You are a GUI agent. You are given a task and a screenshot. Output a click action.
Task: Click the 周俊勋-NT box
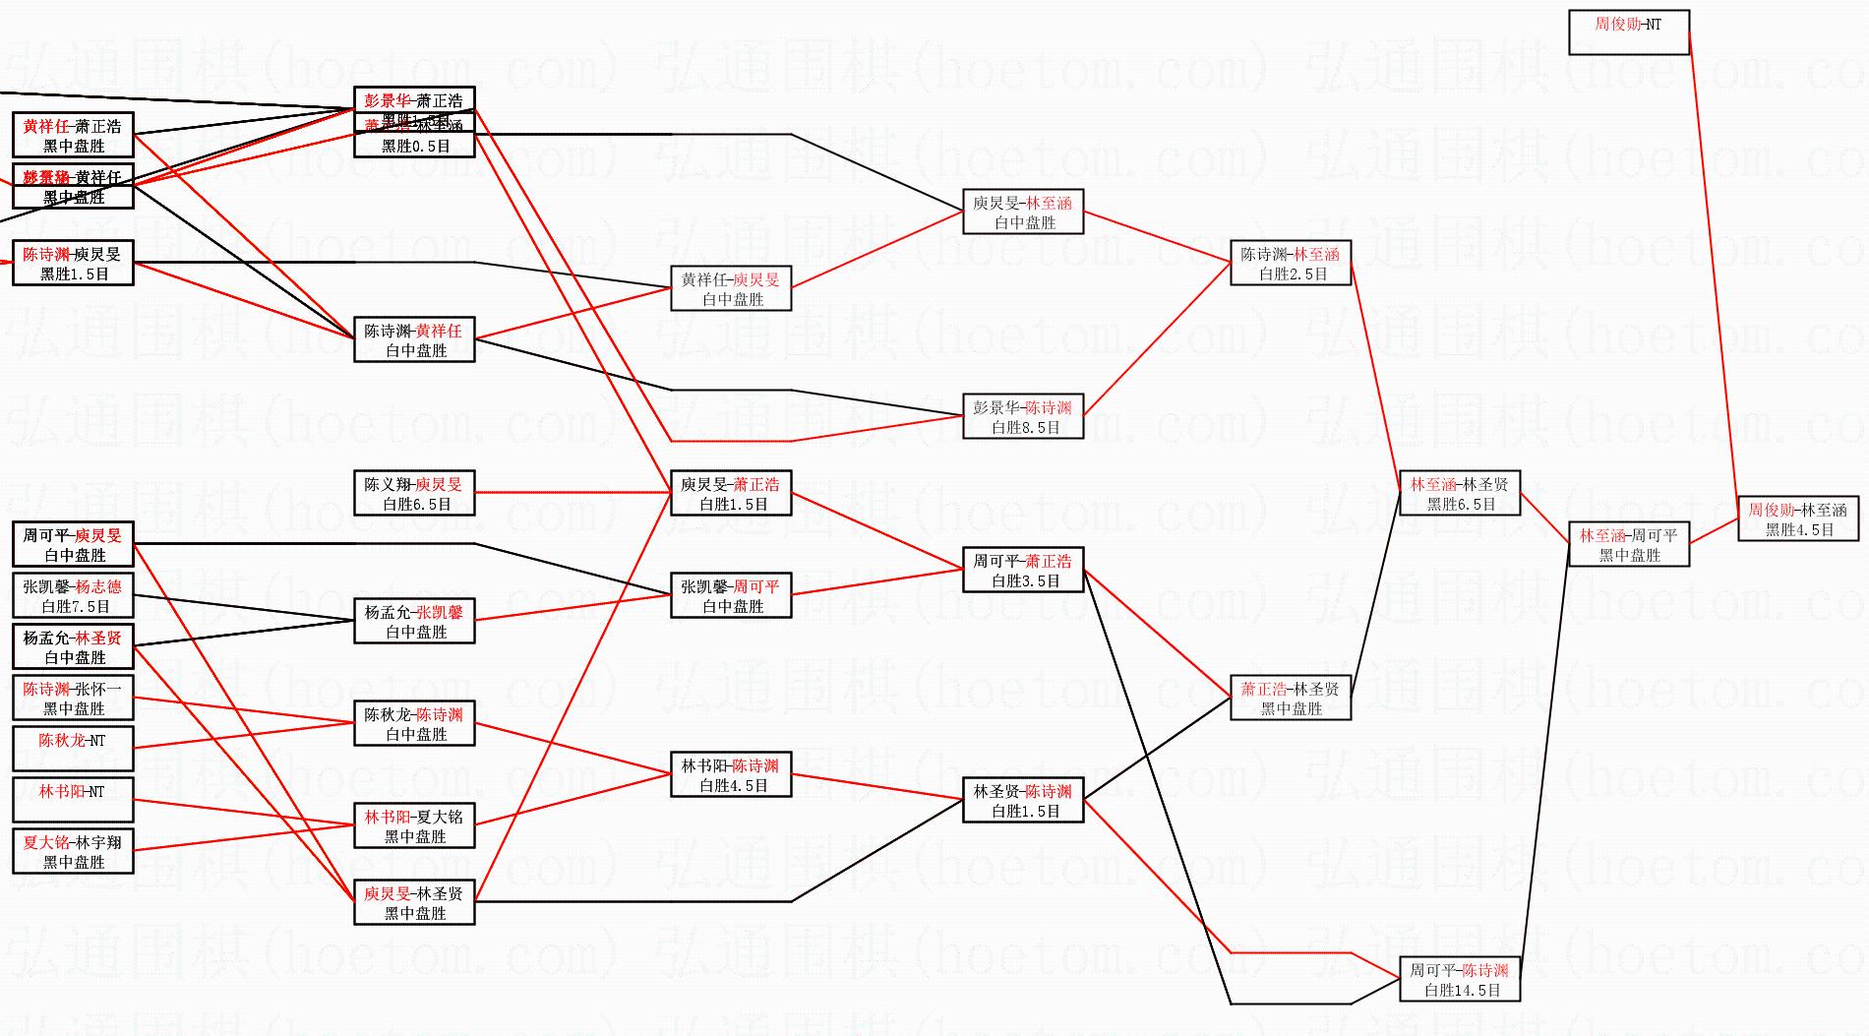(1629, 32)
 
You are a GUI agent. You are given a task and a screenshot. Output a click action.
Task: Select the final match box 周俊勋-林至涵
(1798, 518)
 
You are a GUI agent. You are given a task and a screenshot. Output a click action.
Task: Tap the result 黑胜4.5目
(1799, 529)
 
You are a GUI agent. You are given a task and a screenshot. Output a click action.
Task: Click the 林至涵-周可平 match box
(1629, 544)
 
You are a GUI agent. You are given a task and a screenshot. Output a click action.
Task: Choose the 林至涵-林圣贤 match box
(1460, 493)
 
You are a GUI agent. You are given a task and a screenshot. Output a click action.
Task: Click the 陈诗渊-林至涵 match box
(1291, 263)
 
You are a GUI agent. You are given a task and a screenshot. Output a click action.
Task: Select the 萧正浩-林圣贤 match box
(1291, 698)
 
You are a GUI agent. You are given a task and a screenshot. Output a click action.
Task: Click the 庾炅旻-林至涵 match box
(1023, 212)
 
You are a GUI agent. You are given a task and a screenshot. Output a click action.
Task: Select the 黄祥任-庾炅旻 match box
(731, 288)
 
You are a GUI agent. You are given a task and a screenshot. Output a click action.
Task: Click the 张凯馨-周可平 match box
(731, 595)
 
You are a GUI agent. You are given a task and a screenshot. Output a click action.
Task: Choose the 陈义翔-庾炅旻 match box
(414, 493)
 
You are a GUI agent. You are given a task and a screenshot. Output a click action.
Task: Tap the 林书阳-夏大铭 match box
(414, 825)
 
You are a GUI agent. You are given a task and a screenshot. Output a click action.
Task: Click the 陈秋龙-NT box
(73, 749)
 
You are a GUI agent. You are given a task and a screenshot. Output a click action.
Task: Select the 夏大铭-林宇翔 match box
(73, 851)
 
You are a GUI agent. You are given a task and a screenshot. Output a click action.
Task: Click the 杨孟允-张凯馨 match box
(414, 621)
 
